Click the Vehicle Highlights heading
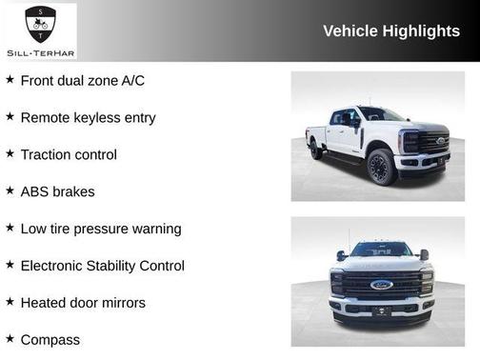391,30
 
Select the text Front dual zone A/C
82,81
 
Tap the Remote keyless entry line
88,118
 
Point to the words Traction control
69,155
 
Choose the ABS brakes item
57,191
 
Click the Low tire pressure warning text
100,229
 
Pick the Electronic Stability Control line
102,266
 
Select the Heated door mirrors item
83,303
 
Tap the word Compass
50,339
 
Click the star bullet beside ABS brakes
10,190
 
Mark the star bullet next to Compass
10,338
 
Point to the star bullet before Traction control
10,153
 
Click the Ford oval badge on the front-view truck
380,284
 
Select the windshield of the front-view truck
380,250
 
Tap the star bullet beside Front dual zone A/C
10,80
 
